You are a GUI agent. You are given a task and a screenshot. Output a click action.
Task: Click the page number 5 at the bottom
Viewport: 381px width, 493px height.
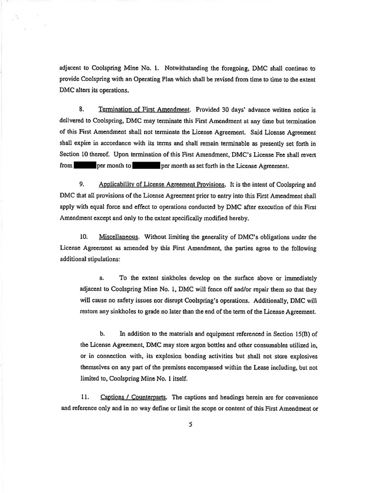(190, 425)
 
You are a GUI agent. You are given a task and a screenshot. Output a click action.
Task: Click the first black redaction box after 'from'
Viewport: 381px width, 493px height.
(85, 166)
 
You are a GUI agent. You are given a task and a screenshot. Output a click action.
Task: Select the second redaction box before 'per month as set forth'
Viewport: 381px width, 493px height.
(147, 166)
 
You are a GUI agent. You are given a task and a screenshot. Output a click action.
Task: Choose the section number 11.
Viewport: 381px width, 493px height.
(83, 397)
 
